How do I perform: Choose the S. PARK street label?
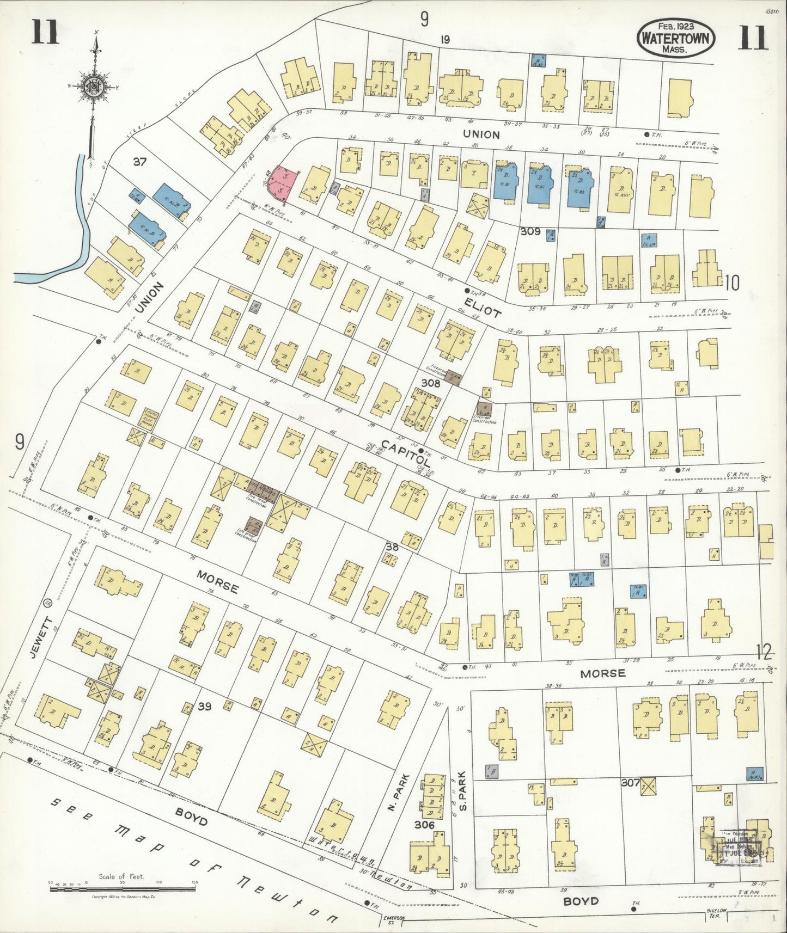(463, 791)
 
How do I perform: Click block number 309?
(529, 231)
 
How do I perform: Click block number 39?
(204, 707)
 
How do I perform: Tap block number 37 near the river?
(140, 161)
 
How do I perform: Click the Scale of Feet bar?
(122, 889)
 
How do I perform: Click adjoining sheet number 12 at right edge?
(764, 651)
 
